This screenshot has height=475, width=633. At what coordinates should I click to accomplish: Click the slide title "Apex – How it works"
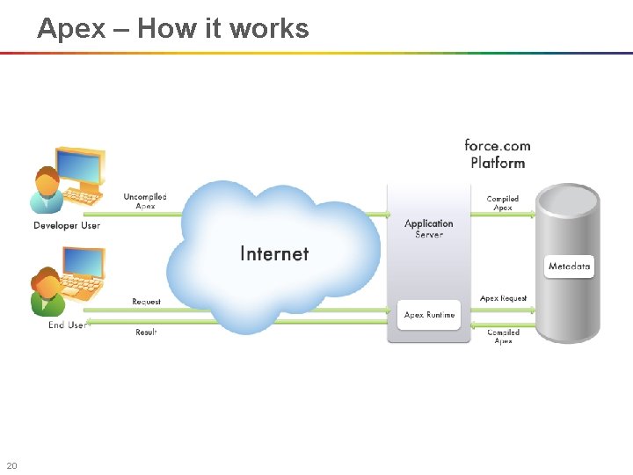pos(173,28)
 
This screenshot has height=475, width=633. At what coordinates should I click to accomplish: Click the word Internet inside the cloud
pos(274,254)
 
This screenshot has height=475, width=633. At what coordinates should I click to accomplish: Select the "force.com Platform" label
pos(498,154)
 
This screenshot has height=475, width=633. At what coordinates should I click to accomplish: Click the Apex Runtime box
pos(429,315)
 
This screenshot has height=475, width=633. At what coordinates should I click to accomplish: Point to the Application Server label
pos(429,229)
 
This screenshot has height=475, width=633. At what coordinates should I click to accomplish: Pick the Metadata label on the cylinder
pos(570,266)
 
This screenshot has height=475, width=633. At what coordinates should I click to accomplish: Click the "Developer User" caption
pos(67,226)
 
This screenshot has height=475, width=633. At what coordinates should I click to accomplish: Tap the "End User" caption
pos(67,325)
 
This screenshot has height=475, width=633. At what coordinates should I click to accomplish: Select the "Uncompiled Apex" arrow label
pos(145,201)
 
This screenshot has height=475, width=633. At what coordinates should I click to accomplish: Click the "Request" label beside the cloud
pos(147,302)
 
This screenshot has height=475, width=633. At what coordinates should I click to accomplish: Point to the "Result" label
pos(146,332)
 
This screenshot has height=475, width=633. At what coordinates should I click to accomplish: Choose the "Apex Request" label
pos(504,298)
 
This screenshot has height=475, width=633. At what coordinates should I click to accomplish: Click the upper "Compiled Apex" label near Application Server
pos(503,203)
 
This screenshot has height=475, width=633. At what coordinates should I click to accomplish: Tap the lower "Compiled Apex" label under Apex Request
pos(504,336)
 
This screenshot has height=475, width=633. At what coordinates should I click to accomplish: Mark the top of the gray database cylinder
pos(569,196)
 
